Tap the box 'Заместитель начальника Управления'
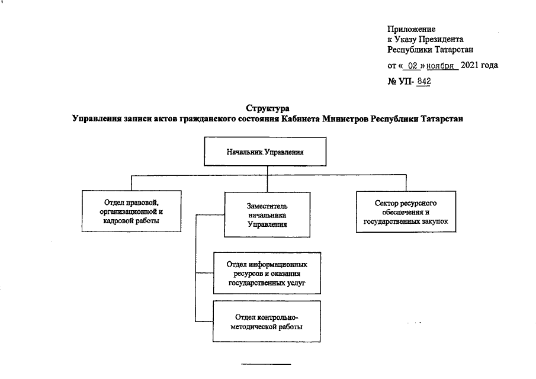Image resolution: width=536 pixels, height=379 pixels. [x=267, y=214]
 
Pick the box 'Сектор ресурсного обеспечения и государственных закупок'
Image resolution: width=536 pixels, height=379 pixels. [x=406, y=212]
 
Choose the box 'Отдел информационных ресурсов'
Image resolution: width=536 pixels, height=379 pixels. [x=267, y=273]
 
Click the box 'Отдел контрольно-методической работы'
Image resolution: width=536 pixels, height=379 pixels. [x=267, y=321]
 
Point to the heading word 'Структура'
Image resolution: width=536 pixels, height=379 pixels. [x=267, y=108]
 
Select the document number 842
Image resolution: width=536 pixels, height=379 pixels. [x=423, y=81]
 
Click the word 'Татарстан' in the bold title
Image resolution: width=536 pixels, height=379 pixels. [x=438, y=118]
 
